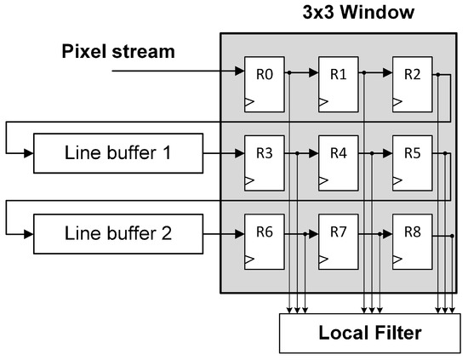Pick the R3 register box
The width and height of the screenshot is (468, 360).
265,162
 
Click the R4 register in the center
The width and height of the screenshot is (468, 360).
338,162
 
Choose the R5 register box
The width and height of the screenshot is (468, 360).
411,162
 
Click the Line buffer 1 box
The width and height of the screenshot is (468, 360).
118,154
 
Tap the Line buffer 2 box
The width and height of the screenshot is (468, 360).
118,232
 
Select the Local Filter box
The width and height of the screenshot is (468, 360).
369,333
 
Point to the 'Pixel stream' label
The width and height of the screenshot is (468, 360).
118,52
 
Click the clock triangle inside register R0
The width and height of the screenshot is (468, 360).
249,101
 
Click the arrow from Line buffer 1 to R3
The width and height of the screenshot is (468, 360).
224,154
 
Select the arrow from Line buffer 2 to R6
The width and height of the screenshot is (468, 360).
224,232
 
